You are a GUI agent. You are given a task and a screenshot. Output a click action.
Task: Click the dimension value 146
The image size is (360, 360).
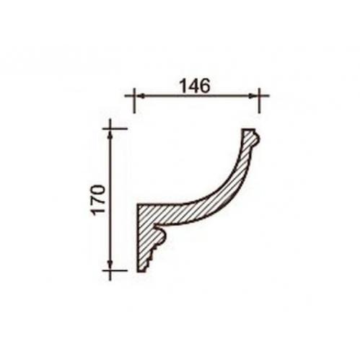195,86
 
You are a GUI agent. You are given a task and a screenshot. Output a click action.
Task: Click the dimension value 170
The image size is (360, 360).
99,199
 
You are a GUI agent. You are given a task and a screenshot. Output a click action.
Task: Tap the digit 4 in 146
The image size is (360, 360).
195,86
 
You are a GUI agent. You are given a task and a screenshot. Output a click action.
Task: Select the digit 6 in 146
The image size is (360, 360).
205,86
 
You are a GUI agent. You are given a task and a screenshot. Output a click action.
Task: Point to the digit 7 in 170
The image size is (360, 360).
99,203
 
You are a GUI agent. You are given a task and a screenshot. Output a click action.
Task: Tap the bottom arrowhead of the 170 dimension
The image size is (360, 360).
110,265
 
